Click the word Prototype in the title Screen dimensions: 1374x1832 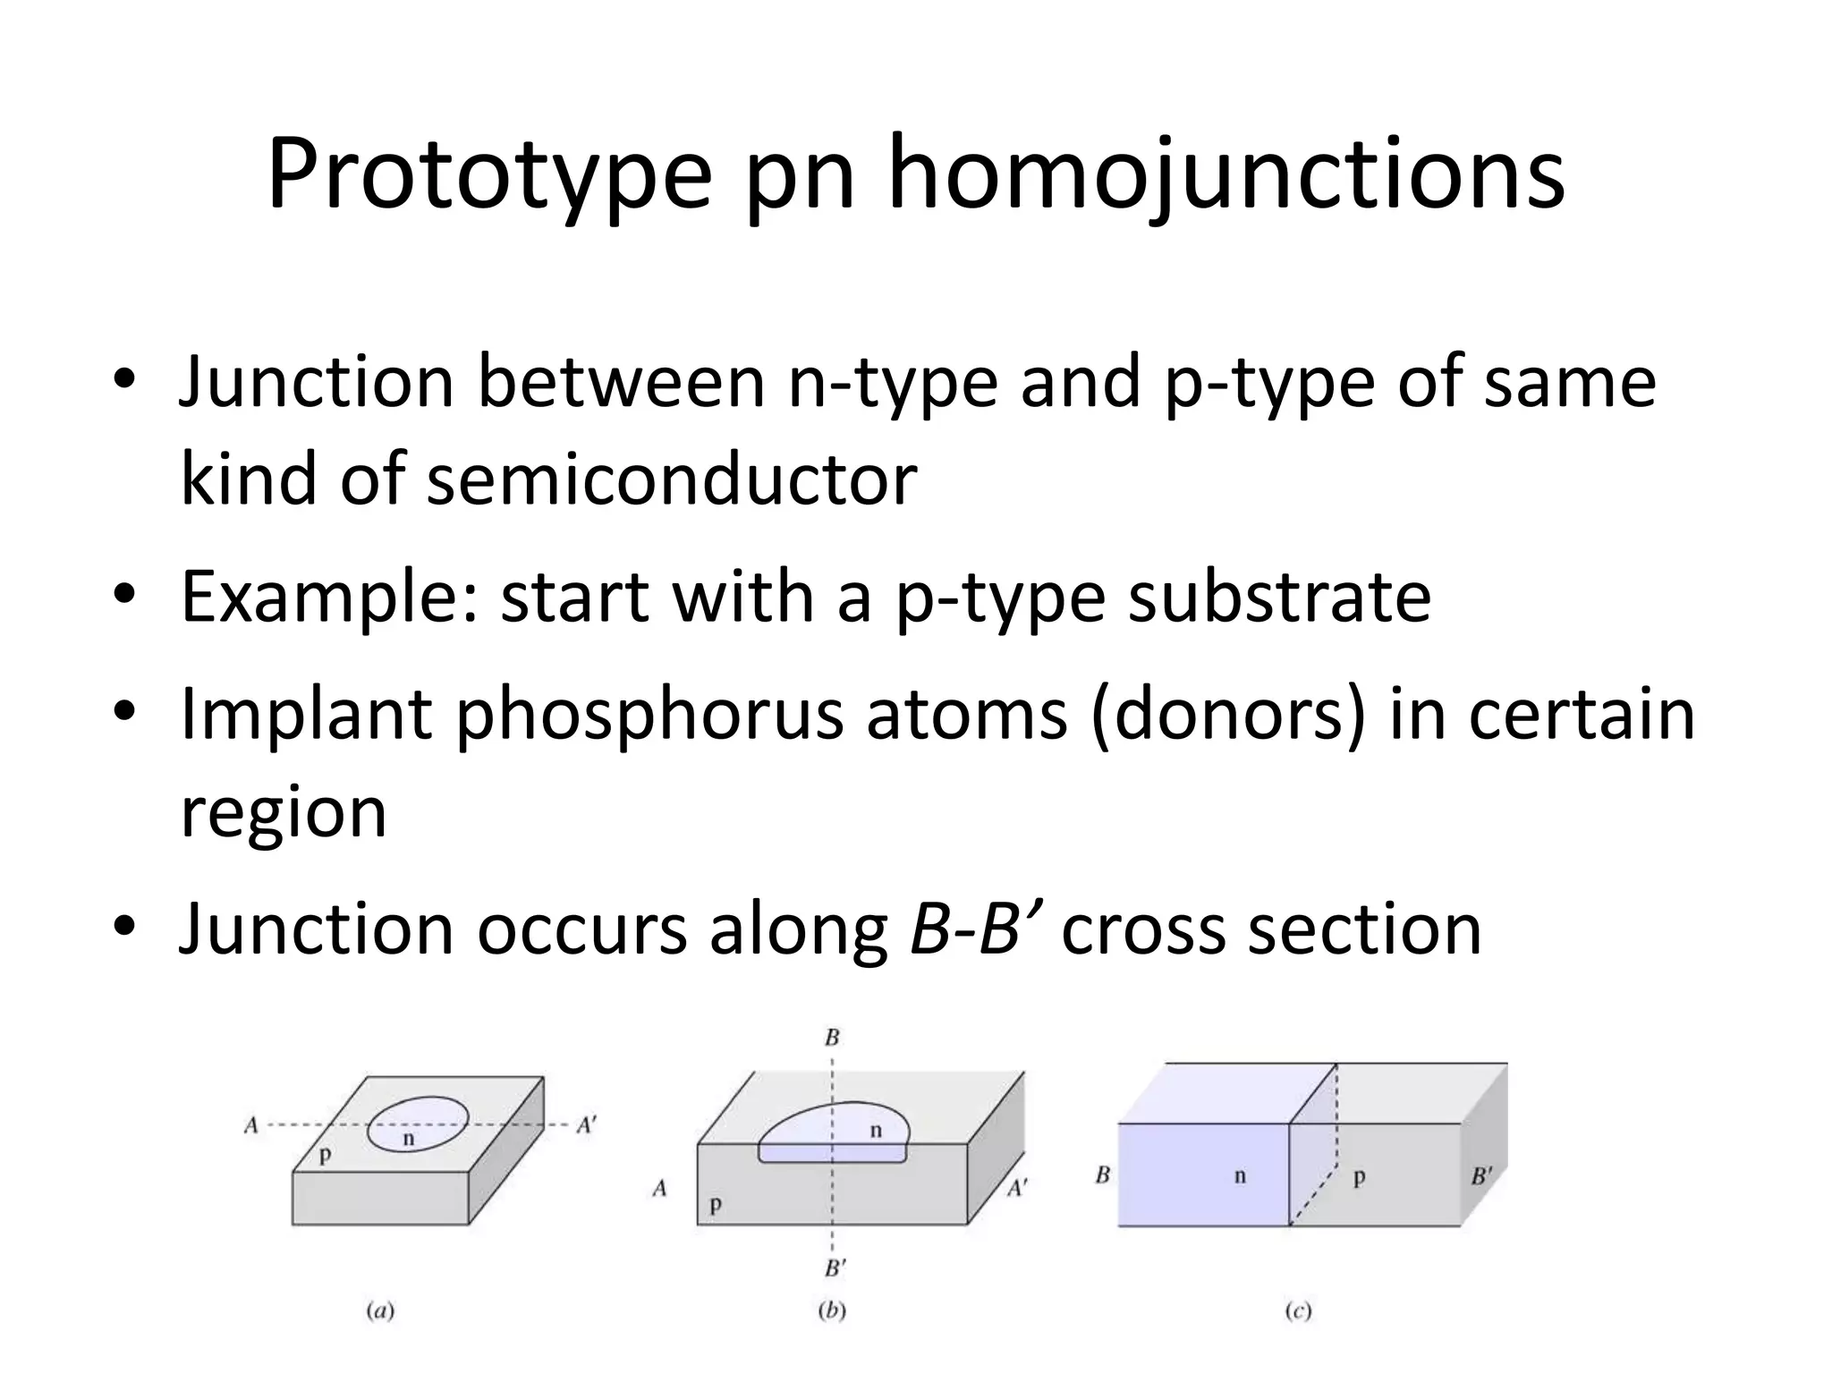(488, 174)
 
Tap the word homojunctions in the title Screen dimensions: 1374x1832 (1226, 174)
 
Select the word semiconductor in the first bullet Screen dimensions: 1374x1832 (671, 479)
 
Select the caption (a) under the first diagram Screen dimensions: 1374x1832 (380, 1311)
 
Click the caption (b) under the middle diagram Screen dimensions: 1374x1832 (832, 1311)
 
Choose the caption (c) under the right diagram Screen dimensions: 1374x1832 (1298, 1311)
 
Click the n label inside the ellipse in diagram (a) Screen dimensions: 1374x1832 (409, 1139)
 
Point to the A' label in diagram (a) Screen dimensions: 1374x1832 (586, 1125)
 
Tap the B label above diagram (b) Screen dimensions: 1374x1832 (832, 1039)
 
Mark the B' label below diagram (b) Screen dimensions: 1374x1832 (835, 1268)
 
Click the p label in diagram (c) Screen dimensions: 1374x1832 (1359, 1177)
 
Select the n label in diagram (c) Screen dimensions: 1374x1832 (1240, 1175)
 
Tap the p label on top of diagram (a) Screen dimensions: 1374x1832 (325, 1155)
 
